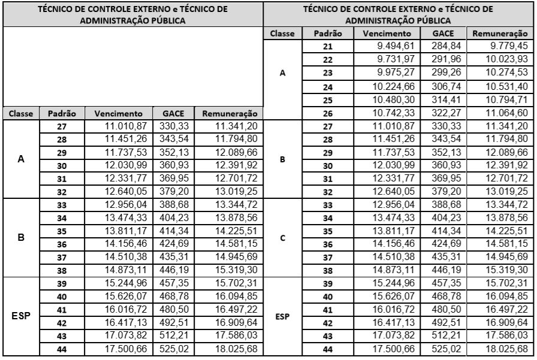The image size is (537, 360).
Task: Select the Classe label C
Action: pos(283,236)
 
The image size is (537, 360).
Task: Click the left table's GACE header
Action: pos(172,113)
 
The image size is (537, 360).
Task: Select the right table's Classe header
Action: pos(283,34)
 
